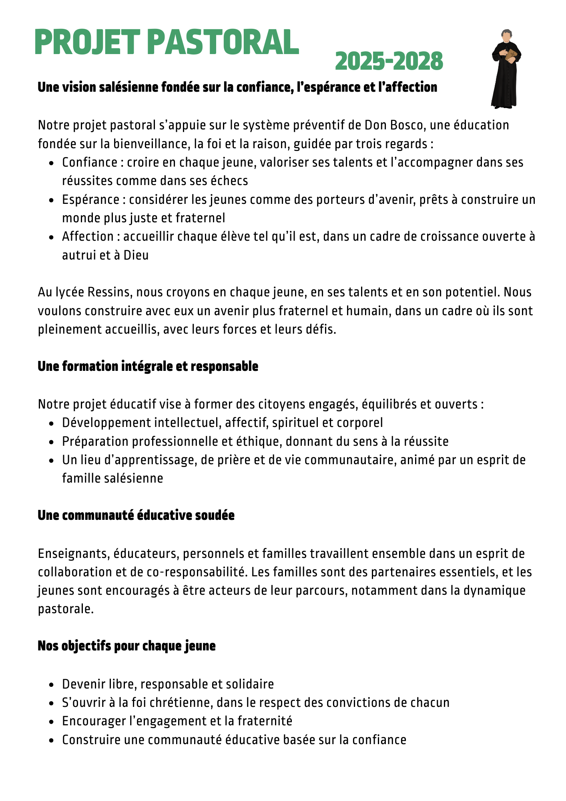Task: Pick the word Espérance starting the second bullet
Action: point(90,199)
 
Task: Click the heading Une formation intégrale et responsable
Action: point(148,366)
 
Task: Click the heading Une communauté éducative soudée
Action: point(136,515)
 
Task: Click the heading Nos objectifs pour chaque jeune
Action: point(126,646)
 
